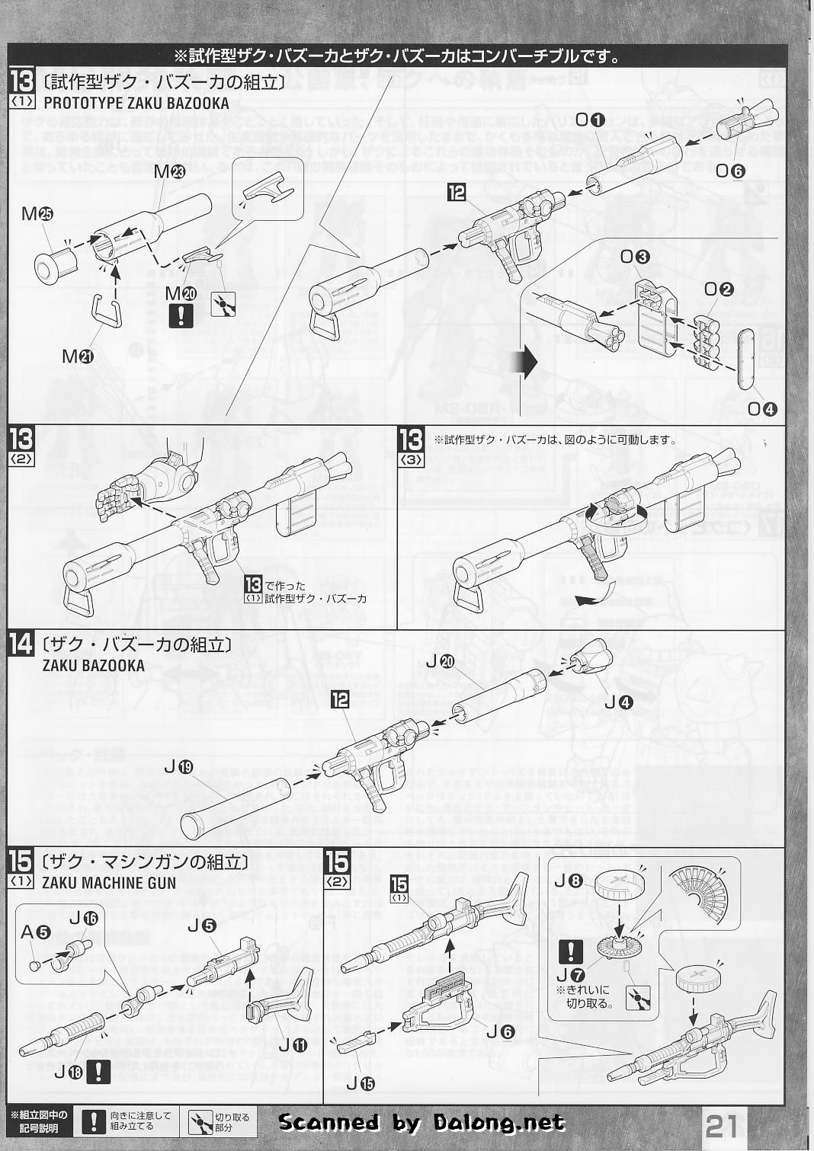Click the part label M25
(x=37, y=214)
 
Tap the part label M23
(x=168, y=171)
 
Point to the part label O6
(x=729, y=171)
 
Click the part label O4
(x=761, y=408)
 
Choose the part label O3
(x=634, y=257)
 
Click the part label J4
(x=617, y=703)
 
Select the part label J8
(x=568, y=881)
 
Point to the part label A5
(x=34, y=931)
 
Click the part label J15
(x=361, y=1082)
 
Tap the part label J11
(x=292, y=1046)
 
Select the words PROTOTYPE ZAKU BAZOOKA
(x=136, y=103)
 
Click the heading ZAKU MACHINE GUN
(x=109, y=883)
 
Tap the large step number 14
(x=21, y=644)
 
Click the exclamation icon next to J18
(x=97, y=1072)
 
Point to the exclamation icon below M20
(x=181, y=315)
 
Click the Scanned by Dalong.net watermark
(x=421, y=1122)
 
